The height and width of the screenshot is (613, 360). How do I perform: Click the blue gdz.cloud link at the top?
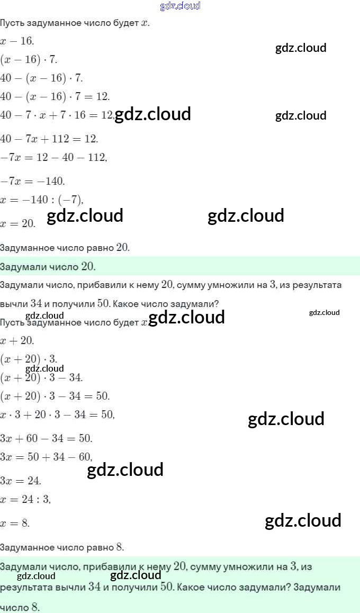180,6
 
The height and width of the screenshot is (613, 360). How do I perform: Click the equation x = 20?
18,223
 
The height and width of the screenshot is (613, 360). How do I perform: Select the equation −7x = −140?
32,181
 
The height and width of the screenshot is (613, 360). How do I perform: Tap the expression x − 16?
17,41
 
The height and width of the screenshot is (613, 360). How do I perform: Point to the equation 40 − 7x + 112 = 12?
49,139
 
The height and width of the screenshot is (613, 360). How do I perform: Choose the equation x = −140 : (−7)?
42,199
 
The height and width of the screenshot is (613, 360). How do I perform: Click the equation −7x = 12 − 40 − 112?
53,157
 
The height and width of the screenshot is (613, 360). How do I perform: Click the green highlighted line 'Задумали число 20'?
48,266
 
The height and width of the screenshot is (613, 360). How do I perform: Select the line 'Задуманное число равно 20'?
65,247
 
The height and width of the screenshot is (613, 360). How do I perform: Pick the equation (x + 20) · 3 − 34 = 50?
55,396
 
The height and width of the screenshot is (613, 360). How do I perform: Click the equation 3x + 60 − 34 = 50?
46,438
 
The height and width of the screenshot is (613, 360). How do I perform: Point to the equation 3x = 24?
21,481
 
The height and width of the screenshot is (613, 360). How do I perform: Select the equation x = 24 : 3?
25,499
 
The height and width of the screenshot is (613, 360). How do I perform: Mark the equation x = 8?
15,523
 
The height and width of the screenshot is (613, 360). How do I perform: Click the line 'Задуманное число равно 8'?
62,547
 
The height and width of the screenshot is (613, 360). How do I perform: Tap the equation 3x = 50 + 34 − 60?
46,456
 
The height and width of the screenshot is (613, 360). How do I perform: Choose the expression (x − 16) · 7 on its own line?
29,59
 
